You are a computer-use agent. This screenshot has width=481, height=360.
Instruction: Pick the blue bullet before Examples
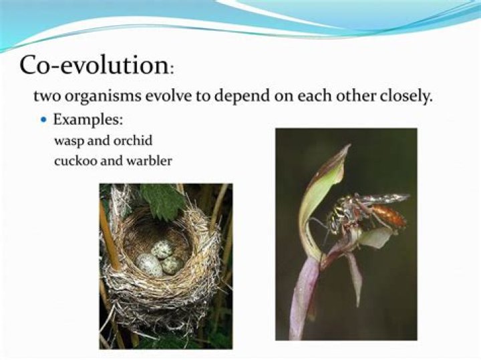[45, 120]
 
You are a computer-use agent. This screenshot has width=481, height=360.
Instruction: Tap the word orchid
[134, 142]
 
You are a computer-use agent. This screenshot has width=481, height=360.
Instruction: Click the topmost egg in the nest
[162, 249]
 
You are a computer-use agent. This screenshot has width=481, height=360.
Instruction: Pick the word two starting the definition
[47, 96]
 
